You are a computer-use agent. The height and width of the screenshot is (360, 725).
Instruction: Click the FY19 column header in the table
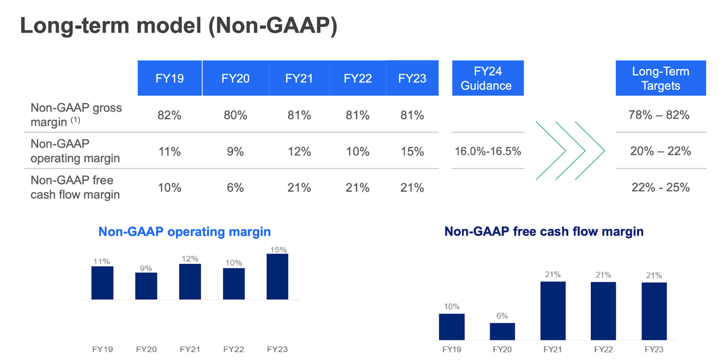click(x=169, y=78)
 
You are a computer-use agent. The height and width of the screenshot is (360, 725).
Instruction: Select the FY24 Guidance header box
click(x=488, y=78)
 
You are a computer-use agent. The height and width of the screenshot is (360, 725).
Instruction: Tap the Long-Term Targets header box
click(x=660, y=78)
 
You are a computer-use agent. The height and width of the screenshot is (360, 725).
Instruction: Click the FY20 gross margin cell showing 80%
click(x=235, y=115)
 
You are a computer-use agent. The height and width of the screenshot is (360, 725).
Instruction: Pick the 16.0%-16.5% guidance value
click(x=488, y=151)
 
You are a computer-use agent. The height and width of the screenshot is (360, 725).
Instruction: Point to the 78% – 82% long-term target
click(x=660, y=115)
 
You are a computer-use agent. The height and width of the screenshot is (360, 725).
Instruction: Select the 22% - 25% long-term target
click(x=660, y=187)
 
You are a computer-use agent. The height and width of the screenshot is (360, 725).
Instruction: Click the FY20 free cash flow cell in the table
click(x=235, y=187)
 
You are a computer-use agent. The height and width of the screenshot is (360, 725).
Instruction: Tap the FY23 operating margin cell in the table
click(x=412, y=151)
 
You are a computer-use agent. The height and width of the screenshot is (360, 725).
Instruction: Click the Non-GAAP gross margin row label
click(x=76, y=114)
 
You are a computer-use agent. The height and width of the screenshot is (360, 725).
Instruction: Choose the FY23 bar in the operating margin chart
click(x=278, y=276)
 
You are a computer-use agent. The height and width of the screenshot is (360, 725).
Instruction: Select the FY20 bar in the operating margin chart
click(x=146, y=286)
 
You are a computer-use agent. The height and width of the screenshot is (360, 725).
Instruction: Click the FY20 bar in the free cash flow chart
click(x=502, y=331)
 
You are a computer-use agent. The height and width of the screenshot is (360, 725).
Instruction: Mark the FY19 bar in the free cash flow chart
click(x=451, y=327)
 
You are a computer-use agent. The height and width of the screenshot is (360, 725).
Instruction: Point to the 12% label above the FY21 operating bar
click(x=190, y=259)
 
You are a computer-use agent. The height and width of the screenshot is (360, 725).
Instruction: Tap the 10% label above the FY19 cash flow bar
click(x=451, y=307)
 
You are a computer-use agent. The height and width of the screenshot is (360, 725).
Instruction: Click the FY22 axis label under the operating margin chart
click(x=233, y=349)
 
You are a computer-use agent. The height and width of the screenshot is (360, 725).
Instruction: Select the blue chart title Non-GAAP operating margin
click(x=185, y=232)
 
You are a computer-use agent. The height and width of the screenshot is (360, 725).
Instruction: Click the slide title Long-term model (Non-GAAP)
click(x=178, y=27)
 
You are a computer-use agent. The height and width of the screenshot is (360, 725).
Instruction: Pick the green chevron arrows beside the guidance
click(x=570, y=150)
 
